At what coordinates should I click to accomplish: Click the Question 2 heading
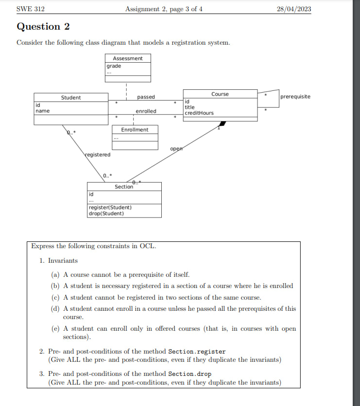pos(43,27)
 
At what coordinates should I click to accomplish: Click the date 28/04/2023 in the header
pos(294,9)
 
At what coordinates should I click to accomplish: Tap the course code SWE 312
pos(31,9)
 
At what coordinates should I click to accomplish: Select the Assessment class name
pos(128,58)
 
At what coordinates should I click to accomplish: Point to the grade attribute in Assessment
pos(114,66)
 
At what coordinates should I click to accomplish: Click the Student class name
pos(71,98)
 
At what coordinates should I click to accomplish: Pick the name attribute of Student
pos(42,111)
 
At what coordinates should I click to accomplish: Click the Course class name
pos(220,94)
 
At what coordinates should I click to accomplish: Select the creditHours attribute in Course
pos(199,113)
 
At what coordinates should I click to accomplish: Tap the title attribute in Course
pos(189,107)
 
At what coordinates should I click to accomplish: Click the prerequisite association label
pos(295,97)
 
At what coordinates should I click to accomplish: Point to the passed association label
pos(146,98)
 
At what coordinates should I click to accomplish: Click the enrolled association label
pos(146,111)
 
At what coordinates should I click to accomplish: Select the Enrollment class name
pos(135,130)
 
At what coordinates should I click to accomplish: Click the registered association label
pos(98,154)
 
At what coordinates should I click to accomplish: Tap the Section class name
pos(124,187)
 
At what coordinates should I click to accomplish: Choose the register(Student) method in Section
pos(110,207)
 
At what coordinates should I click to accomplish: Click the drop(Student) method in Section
pos(106,213)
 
